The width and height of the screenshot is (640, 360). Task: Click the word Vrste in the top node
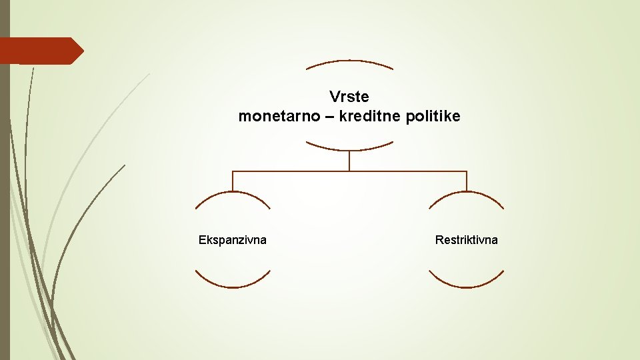pyautogui.click(x=349, y=97)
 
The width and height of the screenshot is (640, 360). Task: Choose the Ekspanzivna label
pyautogui.click(x=233, y=240)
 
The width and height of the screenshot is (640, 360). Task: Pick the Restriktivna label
pyautogui.click(x=466, y=240)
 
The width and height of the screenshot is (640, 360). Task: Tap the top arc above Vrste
pyautogui.click(x=349, y=61)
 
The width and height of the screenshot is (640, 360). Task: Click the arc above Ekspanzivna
pyautogui.click(x=233, y=193)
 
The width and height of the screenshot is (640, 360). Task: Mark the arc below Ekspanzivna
pyautogui.click(x=233, y=286)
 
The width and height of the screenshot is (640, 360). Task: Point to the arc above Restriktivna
pyautogui.click(x=466, y=193)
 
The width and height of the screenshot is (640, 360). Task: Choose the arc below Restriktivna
pyautogui.click(x=466, y=286)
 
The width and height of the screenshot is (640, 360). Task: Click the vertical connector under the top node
pyautogui.click(x=349, y=161)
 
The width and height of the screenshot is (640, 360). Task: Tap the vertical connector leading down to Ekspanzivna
pyautogui.click(x=233, y=181)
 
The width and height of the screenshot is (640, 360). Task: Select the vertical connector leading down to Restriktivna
pyautogui.click(x=466, y=181)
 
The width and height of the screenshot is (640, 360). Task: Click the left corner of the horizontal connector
pyautogui.click(x=233, y=171)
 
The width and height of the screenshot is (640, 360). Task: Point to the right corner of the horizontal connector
pyautogui.click(x=466, y=171)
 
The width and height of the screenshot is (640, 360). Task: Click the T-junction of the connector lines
pyautogui.click(x=349, y=171)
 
